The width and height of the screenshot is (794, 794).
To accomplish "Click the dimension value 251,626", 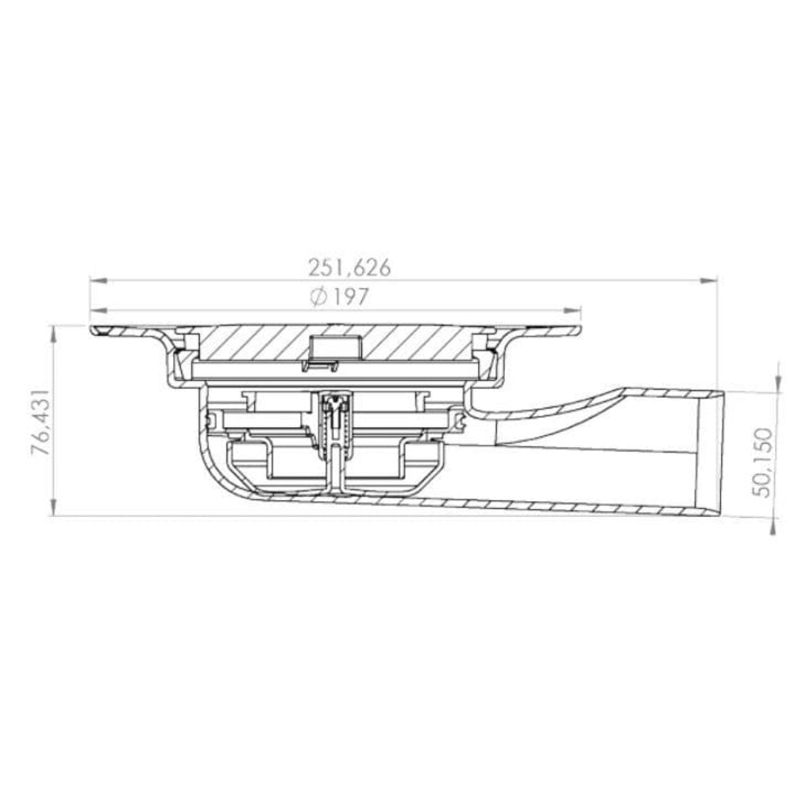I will click(349, 267).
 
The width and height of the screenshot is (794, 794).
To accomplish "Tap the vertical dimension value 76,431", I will click(40, 422).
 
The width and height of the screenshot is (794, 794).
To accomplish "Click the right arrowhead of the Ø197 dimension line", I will click(576, 310).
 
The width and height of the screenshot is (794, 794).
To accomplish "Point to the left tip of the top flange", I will click(92, 330).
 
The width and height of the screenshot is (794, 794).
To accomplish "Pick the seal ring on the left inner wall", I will click(213, 416).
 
